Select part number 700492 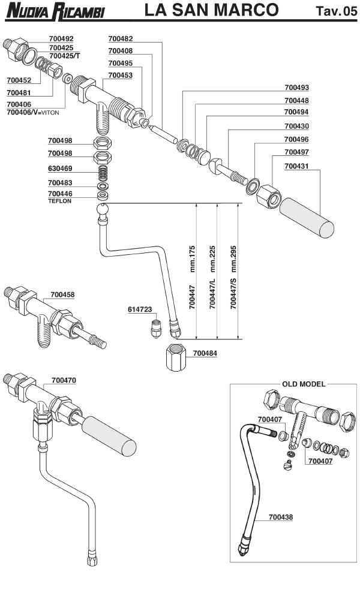(61, 38)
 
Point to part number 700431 (297, 165)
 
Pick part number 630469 (60, 168)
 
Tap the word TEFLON (59, 201)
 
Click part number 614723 (140, 309)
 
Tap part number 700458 (63, 294)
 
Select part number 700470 (64, 380)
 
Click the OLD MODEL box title (304, 383)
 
